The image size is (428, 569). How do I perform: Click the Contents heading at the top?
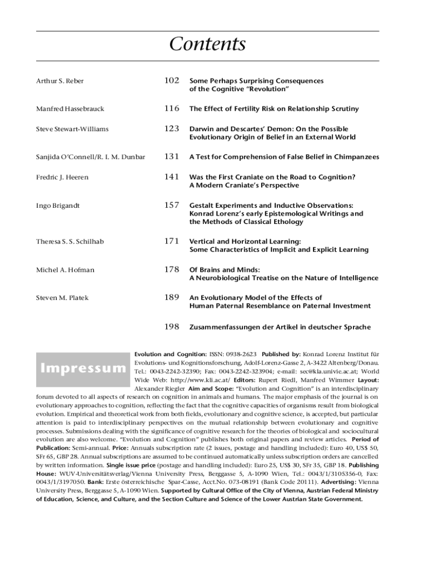click(207, 44)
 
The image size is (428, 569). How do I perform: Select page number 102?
click(171, 81)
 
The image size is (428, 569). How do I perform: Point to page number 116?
click(171, 108)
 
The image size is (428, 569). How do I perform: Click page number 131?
click(171, 157)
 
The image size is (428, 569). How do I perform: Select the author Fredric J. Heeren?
click(62, 177)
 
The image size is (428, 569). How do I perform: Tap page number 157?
click(171, 205)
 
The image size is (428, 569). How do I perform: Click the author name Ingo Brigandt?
click(58, 206)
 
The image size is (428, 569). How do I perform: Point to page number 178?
click(171, 269)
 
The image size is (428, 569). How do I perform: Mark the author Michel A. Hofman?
click(65, 270)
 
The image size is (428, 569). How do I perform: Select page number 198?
click(171, 327)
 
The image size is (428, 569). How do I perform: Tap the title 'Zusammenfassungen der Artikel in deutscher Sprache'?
click(280, 327)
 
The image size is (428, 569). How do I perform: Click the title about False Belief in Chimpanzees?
click(284, 157)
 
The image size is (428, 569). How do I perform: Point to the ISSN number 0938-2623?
click(241, 354)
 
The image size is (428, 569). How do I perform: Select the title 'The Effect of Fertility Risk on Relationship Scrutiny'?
click(274, 109)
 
